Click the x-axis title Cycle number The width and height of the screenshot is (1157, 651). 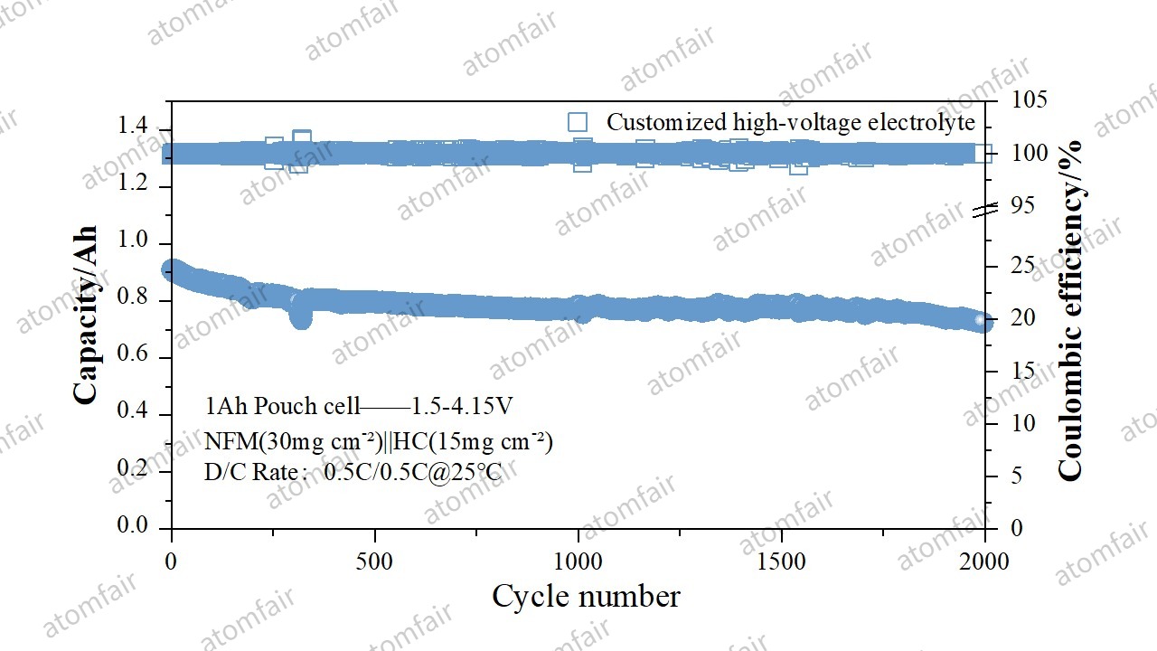coord(586,597)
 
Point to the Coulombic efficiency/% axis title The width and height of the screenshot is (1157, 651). coord(1070,310)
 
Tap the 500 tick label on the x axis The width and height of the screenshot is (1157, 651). coord(374,561)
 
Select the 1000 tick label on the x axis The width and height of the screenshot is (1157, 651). coord(578,561)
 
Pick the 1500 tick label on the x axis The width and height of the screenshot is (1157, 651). coord(781,561)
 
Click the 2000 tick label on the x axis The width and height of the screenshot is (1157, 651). coord(984,561)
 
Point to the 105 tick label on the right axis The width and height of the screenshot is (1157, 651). coord(1029,99)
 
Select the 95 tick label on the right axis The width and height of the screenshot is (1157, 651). coord(1023,206)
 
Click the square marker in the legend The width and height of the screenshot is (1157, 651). coord(578,122)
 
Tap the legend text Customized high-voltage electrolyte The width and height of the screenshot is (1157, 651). coord(791,122)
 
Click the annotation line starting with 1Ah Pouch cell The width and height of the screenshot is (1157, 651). coord(360,407)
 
